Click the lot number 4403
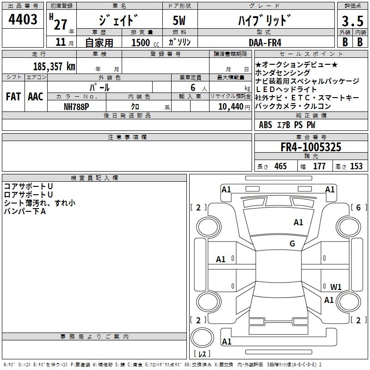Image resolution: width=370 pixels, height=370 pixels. pos(23,19)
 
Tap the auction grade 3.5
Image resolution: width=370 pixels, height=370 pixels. pos(352,21)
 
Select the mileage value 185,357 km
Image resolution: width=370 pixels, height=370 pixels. pos(54,66)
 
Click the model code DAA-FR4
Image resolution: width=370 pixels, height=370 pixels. pos(265,43)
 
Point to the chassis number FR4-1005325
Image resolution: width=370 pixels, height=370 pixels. pos(311,147)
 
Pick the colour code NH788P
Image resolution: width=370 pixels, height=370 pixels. pos(76,107)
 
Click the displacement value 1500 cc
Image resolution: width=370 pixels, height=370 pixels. pos(145,43)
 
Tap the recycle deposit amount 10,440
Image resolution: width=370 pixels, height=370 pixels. pos(231,107)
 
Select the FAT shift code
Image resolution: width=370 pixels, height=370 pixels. pos(13,97)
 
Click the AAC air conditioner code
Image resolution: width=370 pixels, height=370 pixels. pos(36,97)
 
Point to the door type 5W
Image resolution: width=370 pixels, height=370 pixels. pos(179,20)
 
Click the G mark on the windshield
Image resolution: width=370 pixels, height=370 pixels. pos(292,243)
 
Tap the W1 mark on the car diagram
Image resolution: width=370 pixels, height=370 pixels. pos(336,287)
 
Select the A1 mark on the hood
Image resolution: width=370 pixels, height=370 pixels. pos(298,222)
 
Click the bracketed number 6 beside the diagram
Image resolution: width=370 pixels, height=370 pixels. pos(359,207)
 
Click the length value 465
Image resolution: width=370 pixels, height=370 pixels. pos(281,166)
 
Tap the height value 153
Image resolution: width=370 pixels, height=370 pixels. pos(356,166)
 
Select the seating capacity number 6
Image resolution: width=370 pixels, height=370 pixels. pos(193,87)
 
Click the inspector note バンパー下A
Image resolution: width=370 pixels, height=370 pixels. pos(25,211)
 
